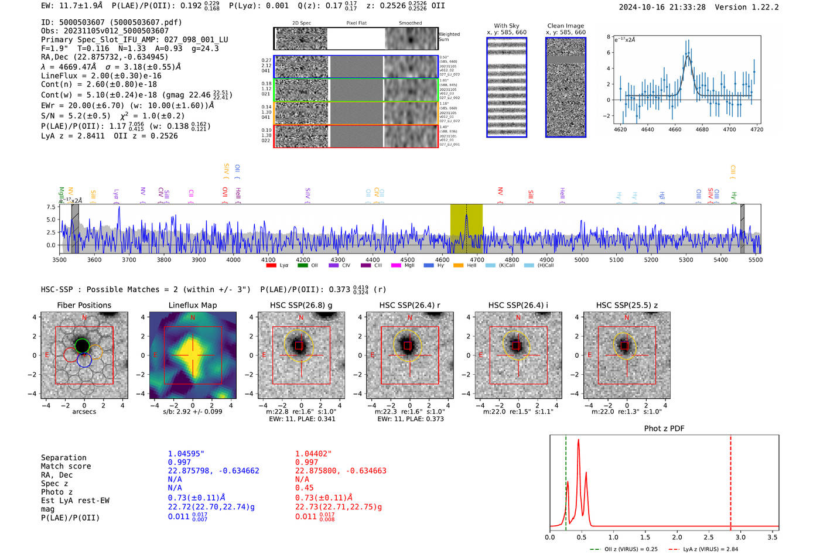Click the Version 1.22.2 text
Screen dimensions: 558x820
(753, 7)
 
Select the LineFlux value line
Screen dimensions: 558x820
(101, 76)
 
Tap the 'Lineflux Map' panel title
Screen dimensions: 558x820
(192, 305)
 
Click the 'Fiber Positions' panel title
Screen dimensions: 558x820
(84, 305)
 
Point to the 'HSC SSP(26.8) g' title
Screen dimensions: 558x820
(301, 305)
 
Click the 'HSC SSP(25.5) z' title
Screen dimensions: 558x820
(627, 305)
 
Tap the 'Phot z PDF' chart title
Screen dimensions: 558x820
(664, 429)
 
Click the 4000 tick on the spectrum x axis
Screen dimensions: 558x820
(233, 260)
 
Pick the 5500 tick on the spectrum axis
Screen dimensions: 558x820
(755, 260)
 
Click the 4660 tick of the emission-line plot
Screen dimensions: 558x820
(675, 129)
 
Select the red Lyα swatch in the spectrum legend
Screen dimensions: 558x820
(271, 266)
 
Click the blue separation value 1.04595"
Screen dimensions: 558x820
(186, 454)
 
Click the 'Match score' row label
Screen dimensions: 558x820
(66, 466)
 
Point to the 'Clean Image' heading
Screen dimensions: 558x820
(565, 26)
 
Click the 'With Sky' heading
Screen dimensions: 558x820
(506, 26)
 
